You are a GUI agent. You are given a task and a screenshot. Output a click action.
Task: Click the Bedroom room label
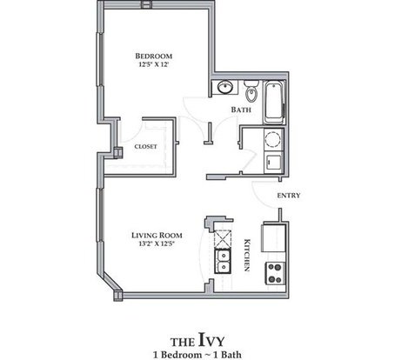154,56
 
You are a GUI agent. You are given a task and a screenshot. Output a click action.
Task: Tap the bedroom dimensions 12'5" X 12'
154,64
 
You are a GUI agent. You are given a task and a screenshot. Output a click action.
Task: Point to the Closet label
145,147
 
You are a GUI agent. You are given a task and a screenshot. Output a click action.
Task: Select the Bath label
241,110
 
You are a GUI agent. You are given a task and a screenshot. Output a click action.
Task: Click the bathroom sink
224,87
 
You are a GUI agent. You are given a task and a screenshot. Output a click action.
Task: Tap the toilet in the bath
251,90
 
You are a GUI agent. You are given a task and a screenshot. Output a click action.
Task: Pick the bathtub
274,102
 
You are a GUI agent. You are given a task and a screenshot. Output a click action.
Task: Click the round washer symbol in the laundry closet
273,138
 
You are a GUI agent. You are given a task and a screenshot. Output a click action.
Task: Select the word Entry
289,196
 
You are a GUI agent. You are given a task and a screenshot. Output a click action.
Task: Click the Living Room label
157,236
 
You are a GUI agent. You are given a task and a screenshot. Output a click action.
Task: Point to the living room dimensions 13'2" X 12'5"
157,243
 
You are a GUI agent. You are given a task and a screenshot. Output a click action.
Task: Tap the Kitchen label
247,255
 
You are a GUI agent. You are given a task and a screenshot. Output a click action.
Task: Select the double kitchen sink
223,262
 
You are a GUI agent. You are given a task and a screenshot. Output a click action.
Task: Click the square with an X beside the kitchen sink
223,240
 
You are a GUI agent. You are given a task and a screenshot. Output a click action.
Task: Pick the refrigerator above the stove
274,237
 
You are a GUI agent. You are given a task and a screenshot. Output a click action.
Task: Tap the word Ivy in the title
211,340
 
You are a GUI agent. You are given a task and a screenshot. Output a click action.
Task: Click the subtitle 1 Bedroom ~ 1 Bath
197,355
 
